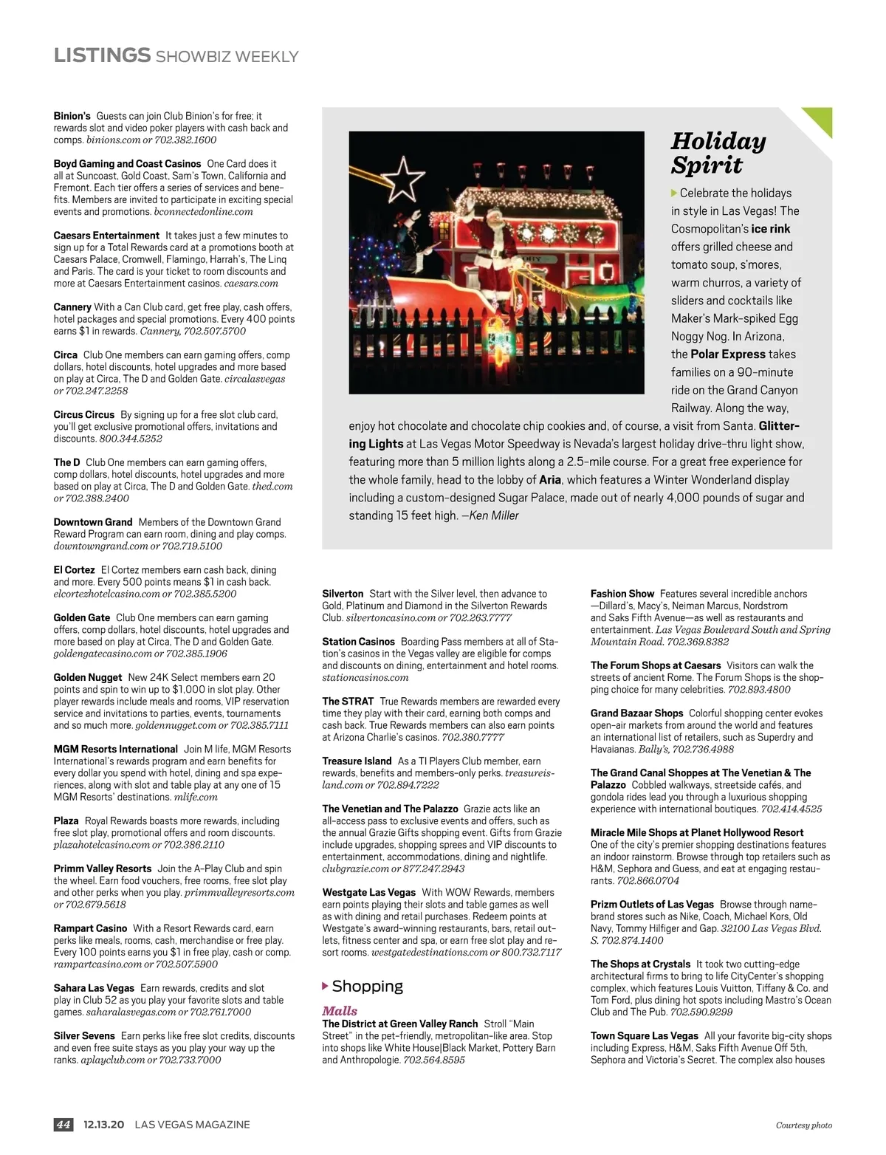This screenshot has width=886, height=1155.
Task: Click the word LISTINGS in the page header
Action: (102, 55)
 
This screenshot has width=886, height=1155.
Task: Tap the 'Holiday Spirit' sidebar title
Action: (718, 153)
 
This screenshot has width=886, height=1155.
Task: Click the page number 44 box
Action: (63, 1125)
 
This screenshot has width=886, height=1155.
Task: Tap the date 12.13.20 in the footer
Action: (103, 1125)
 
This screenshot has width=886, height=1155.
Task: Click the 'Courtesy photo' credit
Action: (803, 1125)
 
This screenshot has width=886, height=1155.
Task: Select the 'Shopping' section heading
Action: (367, 986)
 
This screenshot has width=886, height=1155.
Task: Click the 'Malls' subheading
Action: (340, 1011)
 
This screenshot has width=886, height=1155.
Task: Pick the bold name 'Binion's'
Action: (72, 116)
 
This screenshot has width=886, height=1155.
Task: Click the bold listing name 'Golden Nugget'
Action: (88, 677)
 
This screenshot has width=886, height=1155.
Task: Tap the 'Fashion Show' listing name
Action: (622, 594)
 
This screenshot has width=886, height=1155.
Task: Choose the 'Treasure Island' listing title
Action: (357, 761)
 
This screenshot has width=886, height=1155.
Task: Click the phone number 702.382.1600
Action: (185, 140)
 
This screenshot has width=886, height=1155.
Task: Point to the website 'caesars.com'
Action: (251, 283)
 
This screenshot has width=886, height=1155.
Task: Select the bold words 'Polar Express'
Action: (728, 354)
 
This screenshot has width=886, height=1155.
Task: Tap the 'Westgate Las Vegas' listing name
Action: (368, 892)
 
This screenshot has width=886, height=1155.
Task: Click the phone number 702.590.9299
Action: (701, 1012)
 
